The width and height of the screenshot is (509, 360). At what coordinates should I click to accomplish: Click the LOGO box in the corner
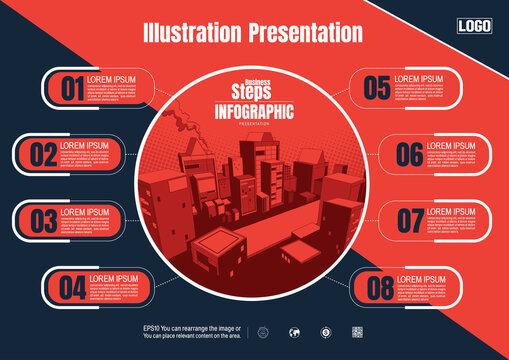click(474, 26)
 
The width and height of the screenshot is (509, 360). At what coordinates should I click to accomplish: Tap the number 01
click(72, 89)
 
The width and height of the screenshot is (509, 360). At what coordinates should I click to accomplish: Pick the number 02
click(43, 155)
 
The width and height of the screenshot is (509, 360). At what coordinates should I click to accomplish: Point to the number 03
click(43, 220)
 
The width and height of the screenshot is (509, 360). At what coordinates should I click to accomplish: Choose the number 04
click(72, 288)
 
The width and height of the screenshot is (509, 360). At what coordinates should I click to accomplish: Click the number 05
click(377, 88)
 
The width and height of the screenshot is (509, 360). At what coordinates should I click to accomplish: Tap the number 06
click(410, 155)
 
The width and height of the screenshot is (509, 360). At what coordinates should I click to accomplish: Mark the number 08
click(380, 288)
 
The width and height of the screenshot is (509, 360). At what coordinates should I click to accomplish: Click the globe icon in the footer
click(295, 333)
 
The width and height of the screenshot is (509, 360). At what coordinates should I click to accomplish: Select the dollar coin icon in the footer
click(326, 333)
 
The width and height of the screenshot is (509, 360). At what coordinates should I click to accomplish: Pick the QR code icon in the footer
click(357, 333)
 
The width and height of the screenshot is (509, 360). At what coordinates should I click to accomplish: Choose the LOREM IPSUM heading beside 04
click(113, 278)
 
